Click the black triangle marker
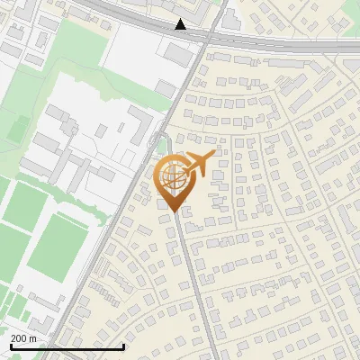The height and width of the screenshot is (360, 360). coord(181,24)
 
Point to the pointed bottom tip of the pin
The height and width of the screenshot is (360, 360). coord(173,211)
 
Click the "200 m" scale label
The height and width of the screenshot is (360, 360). coord(23,338)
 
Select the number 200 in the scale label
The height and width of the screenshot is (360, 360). coord(19,338)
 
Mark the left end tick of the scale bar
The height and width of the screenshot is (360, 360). coord(10,345)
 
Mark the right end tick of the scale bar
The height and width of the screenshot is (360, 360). coord(122,345)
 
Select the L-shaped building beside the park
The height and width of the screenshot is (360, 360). coord(139,126)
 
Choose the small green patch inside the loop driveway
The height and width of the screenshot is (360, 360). coord(162,147)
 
